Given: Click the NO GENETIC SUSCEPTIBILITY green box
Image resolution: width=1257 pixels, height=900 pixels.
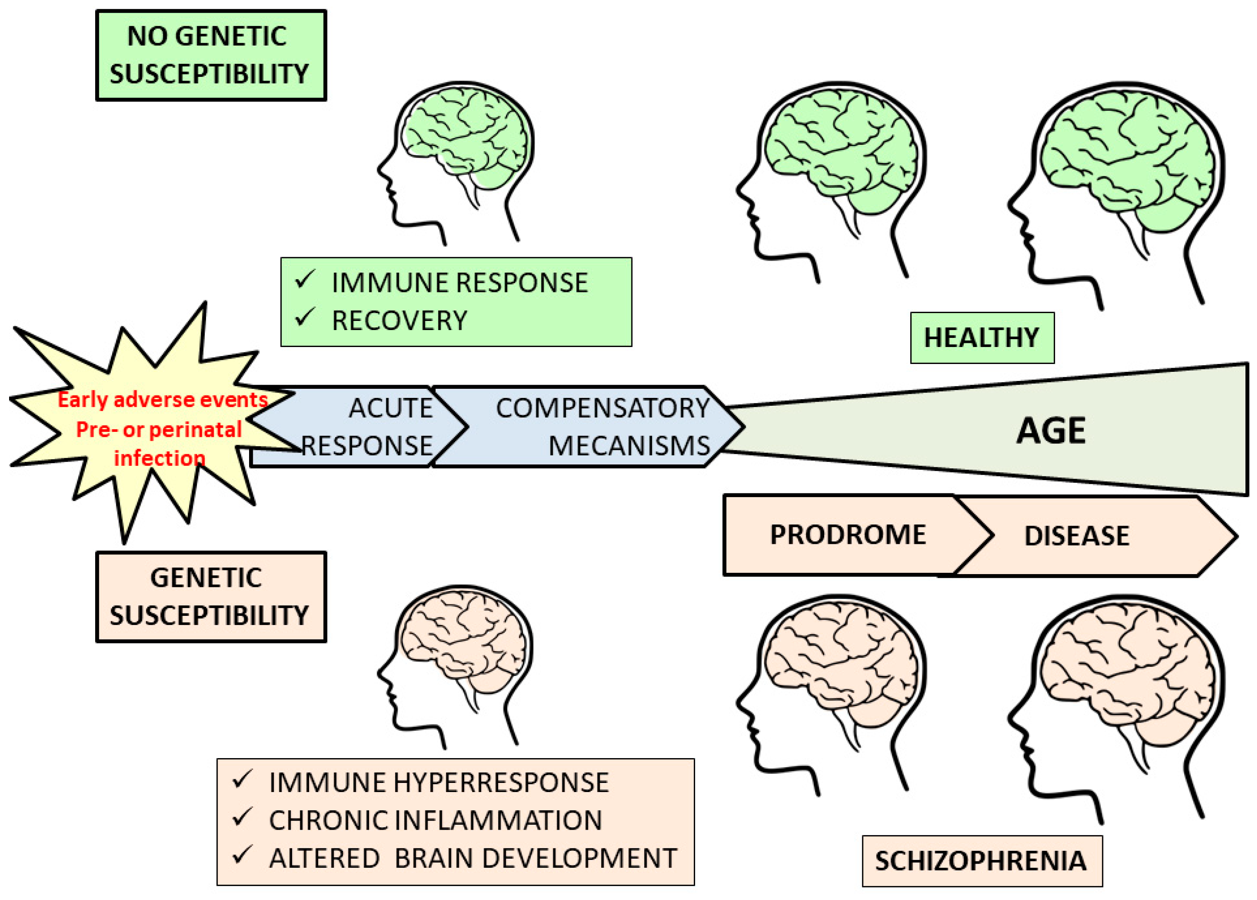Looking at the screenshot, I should [211, 55].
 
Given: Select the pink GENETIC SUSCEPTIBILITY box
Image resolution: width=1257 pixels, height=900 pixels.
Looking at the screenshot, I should [211, 597].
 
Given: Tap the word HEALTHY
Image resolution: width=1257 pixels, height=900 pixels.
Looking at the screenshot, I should [981, 338].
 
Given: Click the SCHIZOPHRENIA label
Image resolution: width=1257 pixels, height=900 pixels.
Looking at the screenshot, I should [981, 861].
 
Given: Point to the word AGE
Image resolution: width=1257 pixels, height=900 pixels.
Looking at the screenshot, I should [1050, 431].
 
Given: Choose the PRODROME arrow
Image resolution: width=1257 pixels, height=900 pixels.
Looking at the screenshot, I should [848, 535].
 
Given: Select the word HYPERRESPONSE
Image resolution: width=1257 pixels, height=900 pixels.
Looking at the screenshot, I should [501, 783].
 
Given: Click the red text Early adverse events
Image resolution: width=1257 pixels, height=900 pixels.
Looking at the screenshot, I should [162, 400].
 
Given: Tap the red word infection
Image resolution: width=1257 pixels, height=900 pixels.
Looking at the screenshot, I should [160, 458].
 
